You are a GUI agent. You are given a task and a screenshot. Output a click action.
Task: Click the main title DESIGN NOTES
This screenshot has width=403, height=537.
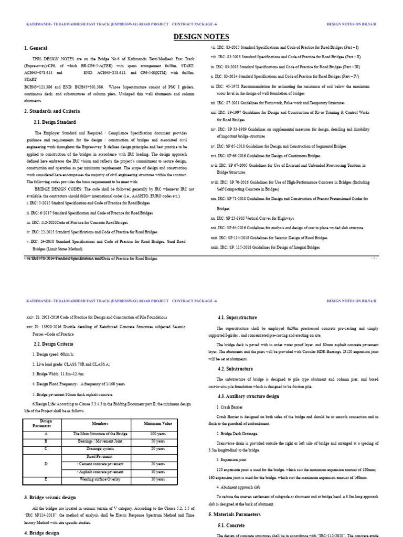[x=201, y=37]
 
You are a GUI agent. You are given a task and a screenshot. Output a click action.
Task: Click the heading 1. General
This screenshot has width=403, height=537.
[x=36, y=48]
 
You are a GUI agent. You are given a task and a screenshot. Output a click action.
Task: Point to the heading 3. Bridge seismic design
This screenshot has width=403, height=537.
[x=50, y=497]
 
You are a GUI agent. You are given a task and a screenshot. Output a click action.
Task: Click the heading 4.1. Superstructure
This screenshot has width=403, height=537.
[x=237, y=318]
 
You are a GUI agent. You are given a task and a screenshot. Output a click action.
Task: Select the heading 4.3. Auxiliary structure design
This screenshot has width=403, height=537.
[x=248, y=396]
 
